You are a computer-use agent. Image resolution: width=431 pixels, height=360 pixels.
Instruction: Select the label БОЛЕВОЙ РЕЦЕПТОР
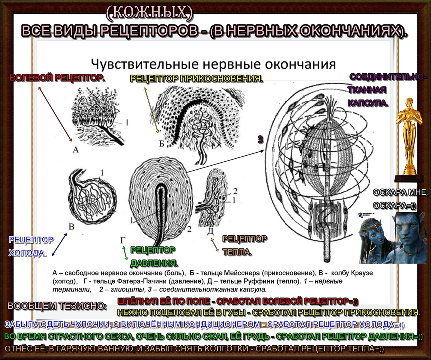point(57,78)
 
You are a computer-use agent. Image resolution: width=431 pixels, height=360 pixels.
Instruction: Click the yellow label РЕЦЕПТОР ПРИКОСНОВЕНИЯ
point(196,79)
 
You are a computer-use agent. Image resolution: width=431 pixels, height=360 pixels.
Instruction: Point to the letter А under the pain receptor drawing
point(75,149)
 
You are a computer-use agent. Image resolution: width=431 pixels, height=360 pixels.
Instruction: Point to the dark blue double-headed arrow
point(59,244)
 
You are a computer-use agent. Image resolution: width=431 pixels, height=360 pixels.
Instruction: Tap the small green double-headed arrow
point(125,253)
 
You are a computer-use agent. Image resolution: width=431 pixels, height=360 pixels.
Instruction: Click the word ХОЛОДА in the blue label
point(27,253)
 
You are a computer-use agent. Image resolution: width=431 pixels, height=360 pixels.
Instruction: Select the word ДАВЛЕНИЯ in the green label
point(154,263)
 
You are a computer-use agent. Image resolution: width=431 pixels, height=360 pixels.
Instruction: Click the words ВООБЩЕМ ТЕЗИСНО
point(57,306)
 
